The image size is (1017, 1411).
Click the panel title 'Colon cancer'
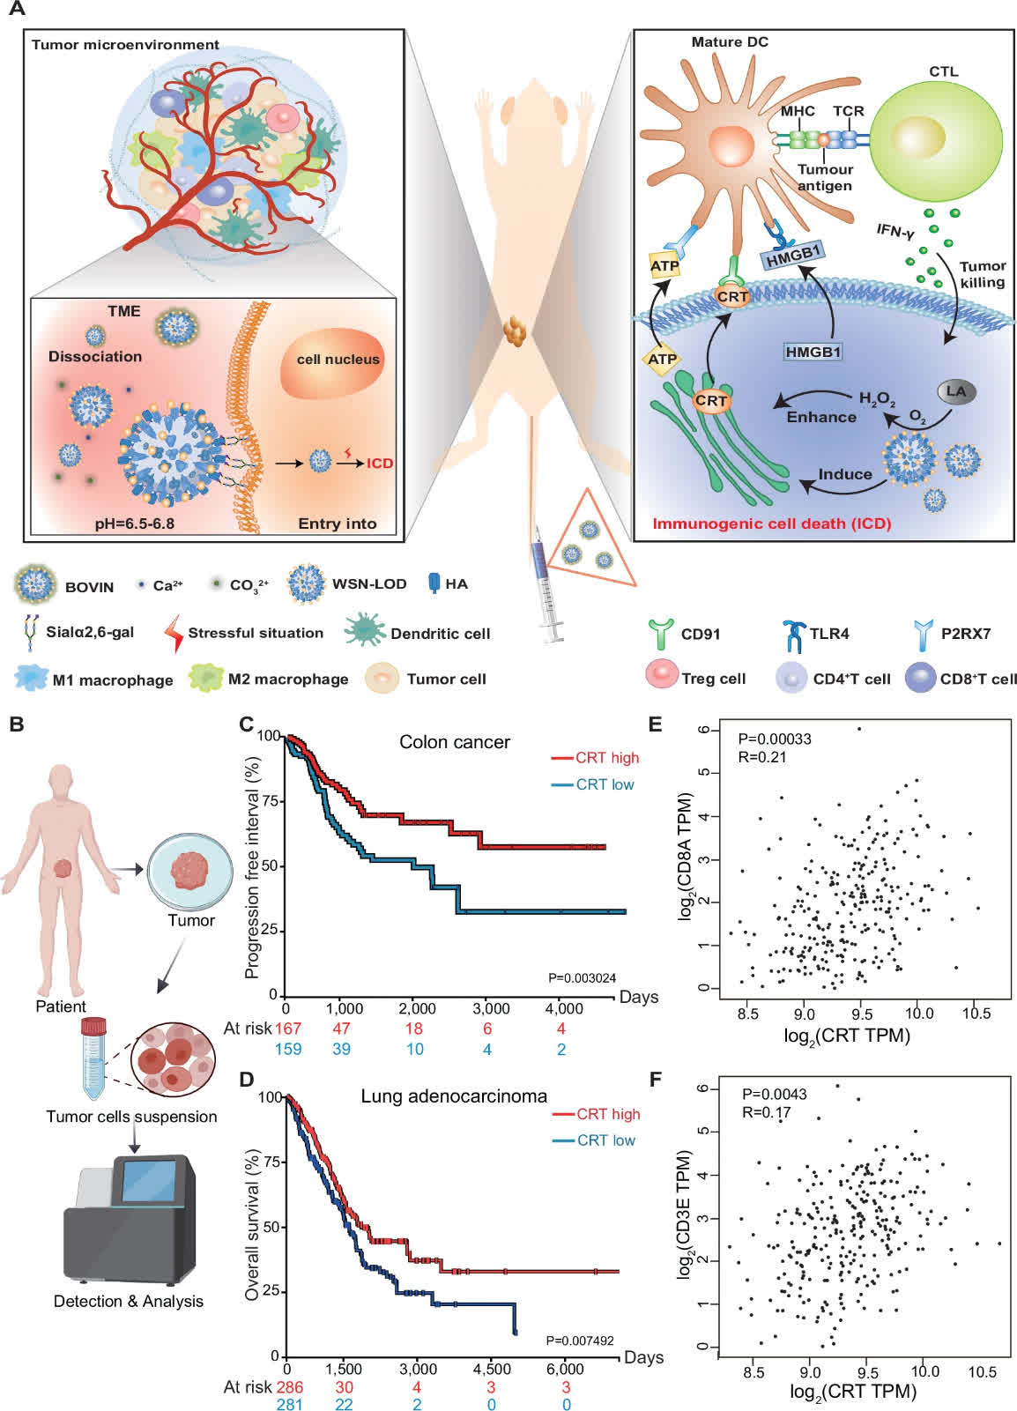coord(454,742)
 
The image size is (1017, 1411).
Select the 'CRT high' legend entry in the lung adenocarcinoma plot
coord(607,1114)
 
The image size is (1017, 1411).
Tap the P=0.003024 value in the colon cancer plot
coord(582,977)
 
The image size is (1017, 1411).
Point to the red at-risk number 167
coord(288,1029)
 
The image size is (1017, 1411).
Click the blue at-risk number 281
coord(289,1404)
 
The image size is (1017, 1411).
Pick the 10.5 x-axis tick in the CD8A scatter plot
coord(975,1014)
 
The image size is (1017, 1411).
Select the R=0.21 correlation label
coord(762,757)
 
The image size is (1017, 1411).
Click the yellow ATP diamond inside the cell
coord(662,359)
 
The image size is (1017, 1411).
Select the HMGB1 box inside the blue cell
coord(813,352)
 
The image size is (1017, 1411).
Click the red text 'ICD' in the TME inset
coord(380,463)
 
